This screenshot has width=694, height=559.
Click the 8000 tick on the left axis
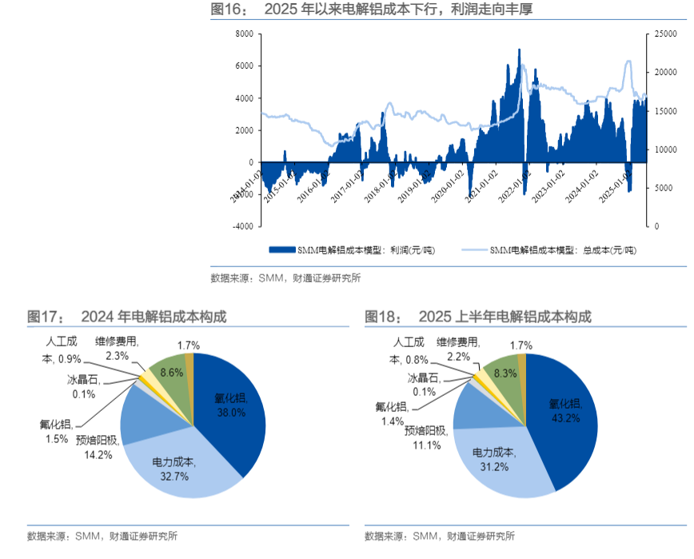[243, 34]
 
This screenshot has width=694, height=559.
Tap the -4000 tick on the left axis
[241, 226]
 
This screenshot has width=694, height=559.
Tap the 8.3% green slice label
[505, 373]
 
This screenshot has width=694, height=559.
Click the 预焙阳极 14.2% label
[97, 447]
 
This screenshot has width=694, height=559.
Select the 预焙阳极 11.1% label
[423, 437]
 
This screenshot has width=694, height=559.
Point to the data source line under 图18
[439, 536]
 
